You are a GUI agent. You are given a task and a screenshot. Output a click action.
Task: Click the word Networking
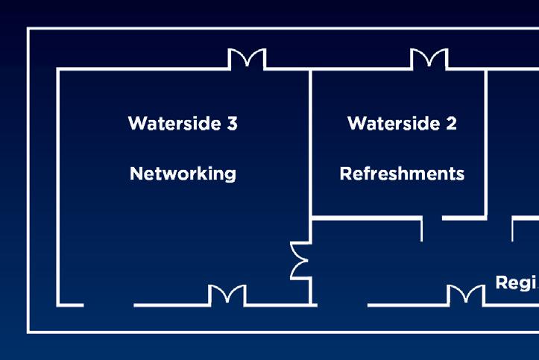183,174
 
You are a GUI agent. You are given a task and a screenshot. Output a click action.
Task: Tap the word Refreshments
402,174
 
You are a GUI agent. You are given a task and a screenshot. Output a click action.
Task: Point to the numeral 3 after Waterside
232,123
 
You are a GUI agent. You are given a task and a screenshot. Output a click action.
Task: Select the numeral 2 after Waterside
451,123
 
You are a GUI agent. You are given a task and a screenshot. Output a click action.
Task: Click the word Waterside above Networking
172,123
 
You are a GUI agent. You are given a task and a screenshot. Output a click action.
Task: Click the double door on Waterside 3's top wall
247,60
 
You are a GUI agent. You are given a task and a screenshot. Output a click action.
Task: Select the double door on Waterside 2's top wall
429,60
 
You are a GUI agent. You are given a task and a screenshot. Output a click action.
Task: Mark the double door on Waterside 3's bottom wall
227,295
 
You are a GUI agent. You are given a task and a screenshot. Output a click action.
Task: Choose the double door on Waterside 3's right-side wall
300,260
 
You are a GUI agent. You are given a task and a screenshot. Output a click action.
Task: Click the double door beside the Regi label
465,295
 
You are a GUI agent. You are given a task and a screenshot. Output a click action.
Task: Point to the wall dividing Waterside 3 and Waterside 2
310,142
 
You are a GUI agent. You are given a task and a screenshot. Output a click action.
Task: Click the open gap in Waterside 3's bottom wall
109,305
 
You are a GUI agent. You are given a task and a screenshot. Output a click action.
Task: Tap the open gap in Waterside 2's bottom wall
432,218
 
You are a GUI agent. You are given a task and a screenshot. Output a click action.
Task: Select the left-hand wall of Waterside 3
58,186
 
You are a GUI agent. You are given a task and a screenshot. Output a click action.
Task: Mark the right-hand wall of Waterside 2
486,142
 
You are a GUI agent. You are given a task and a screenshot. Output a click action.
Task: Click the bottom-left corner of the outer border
29,331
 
